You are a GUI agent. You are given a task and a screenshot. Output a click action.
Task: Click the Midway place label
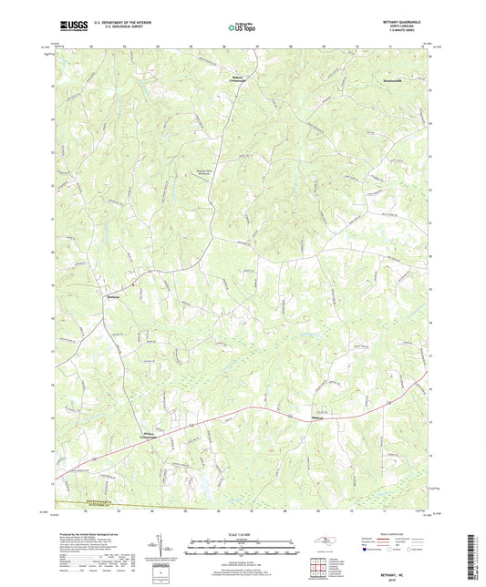[x=312, y=419]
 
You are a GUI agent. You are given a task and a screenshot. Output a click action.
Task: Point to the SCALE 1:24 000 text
[x=243, y=534]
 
